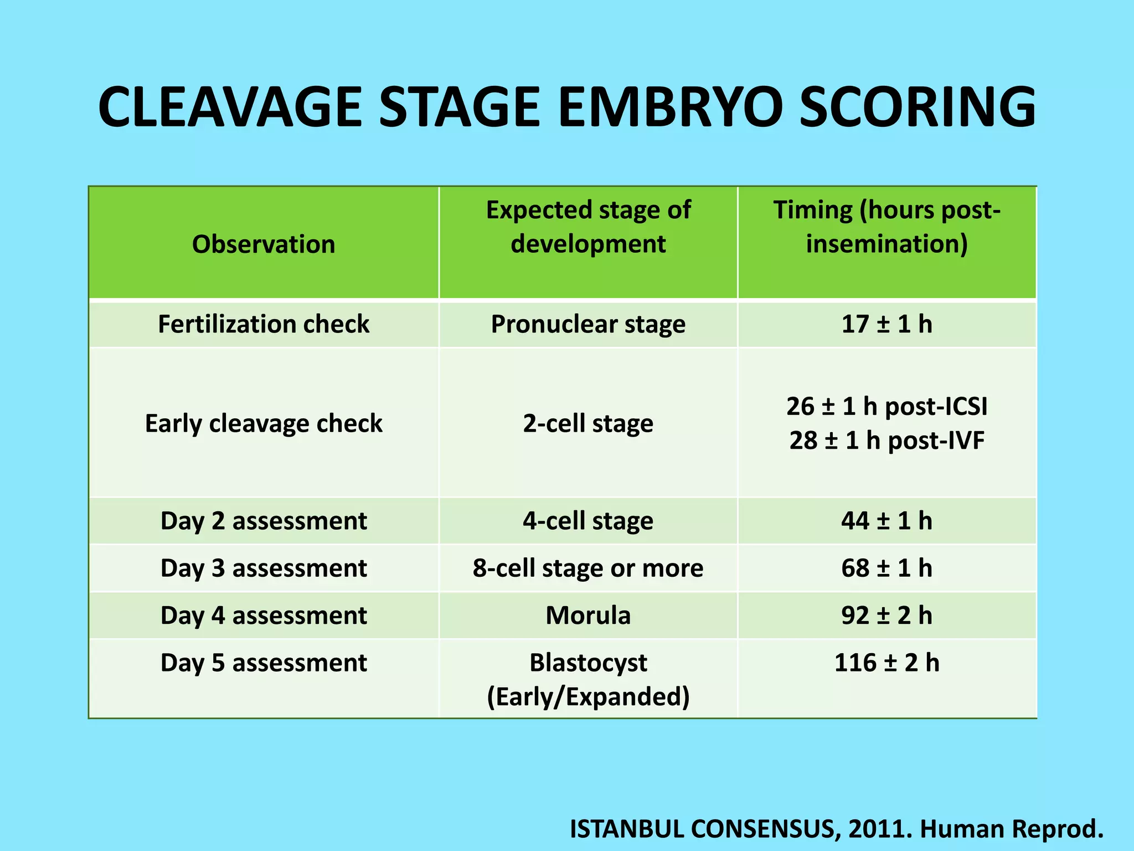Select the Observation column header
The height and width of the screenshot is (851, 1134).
(264, 244)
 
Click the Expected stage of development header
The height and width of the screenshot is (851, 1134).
(588, 227)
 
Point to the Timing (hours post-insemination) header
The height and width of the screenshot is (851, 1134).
(886, 227)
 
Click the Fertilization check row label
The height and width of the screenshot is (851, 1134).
(264, 324)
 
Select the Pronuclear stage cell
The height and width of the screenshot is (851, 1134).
(588, 324)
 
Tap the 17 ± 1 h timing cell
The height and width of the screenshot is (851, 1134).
(886, 324)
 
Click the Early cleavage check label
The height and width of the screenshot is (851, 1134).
(264, 424)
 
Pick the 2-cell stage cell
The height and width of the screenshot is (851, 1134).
(588, 424)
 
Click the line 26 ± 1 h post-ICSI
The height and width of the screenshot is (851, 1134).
(886, 407)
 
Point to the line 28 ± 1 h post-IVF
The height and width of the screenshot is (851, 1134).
(886, 441)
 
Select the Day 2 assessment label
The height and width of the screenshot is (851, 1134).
(264, 521)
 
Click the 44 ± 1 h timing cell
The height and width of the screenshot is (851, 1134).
(886, 521)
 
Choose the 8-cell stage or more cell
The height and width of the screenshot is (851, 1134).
(588, 568)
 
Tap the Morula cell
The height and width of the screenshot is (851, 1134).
(588, 616)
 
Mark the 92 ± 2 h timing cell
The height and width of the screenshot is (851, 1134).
(886, 616)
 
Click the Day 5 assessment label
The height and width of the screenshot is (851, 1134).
(264, 663)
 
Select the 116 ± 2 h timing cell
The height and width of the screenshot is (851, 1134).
(886, 663)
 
